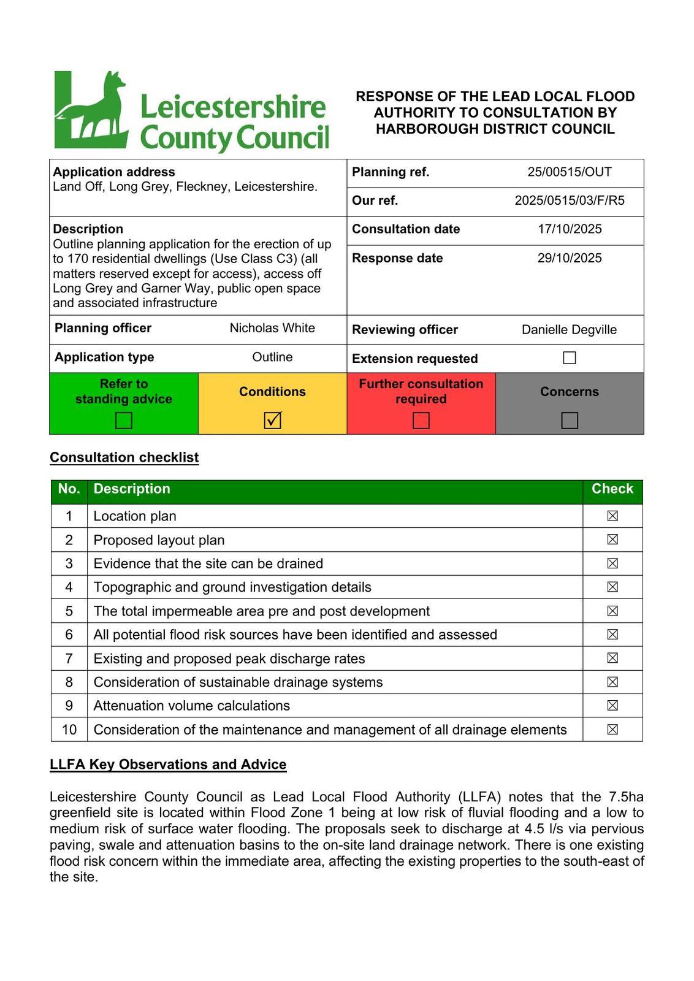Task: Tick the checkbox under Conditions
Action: (x=272, y=421)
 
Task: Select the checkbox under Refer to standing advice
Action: (x=124, y=421)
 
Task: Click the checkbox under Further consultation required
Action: (x=421, y=421)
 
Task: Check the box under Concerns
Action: (x=570, y=421)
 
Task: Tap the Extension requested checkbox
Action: (x=570, y=358)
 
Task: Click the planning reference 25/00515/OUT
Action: (x=570, y=172)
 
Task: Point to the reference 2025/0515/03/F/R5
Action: (x=570, y=200)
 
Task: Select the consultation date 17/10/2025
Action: (x=570, y=229)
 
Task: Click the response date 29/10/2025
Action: (x=570, y=258)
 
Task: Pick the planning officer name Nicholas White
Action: (x=272, y=328)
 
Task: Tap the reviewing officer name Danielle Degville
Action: (x=569, y=330)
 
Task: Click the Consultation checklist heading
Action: (x=124, y=458)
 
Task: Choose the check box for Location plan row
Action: (x=612, y=516)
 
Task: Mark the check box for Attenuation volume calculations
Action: (x=612, y=706)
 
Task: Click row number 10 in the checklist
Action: (x=69, y=730)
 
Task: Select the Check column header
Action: (x=612, y=489)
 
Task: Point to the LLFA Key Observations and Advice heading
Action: (x=168, y=765)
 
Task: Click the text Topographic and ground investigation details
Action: (x=232, y=587)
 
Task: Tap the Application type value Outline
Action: (x=272, y=357)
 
